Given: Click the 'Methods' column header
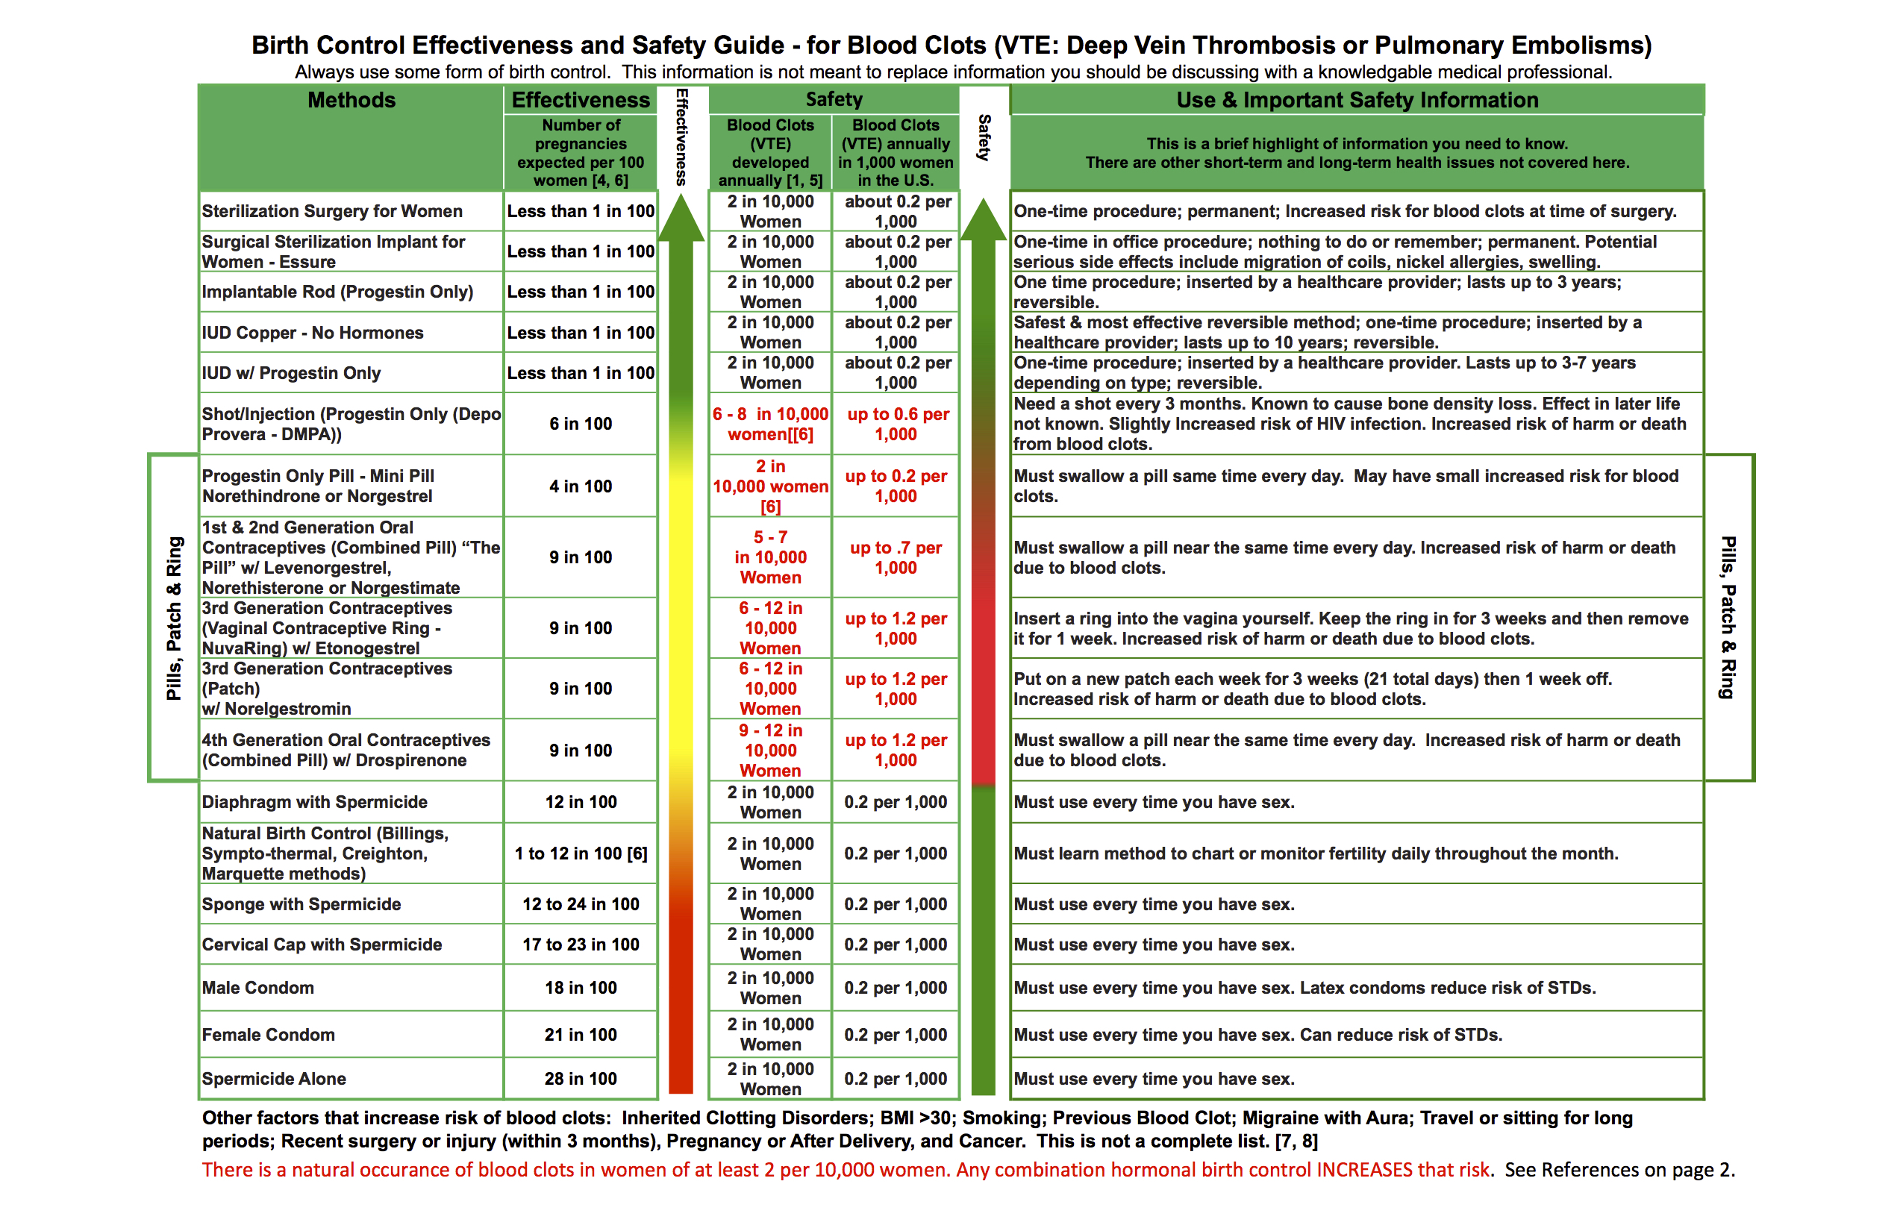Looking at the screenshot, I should [x=351, y=100].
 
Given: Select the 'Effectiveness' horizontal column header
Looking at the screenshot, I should [x=581, y=100].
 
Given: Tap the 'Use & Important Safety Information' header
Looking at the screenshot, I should [x=1357, y=100].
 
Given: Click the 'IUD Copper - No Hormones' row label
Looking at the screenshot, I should [x=313, y=333].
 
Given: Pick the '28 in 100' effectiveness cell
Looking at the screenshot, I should [x=581, y=1078].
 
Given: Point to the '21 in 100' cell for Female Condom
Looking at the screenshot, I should [x=581, y=1034].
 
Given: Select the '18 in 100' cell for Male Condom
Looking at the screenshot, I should [x=581, y=987].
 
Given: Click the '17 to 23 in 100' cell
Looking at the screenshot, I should [x=581, y=944].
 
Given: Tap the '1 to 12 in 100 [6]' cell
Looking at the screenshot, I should [x=581, y=853].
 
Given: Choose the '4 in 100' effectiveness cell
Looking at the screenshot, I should [x=581, y=486].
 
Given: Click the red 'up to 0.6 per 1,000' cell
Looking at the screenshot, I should [x=897, y=424].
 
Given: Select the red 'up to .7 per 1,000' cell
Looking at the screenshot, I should [x=896, y=557].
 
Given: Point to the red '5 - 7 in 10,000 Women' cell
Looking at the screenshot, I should [x=770, y=557].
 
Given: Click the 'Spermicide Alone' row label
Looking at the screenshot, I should [x=275, y=1078].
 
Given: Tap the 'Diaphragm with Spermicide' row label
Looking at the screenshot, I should [x=314, y=802].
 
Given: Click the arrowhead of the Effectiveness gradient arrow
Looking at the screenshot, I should [x=681, y=219].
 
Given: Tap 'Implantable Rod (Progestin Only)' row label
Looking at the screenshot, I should [x=337, y=292].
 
